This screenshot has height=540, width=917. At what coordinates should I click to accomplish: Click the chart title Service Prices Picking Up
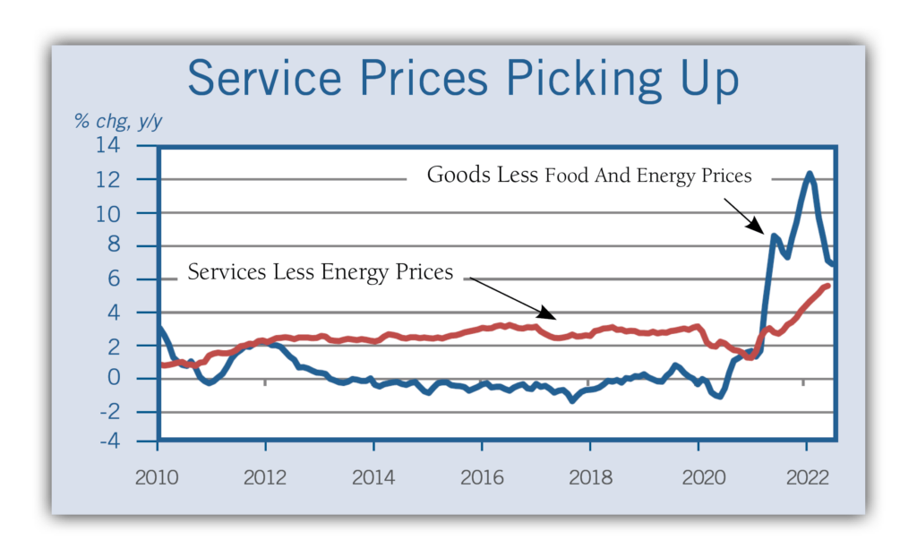click(463, 79)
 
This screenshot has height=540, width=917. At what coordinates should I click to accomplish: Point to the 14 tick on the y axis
click(133, 147)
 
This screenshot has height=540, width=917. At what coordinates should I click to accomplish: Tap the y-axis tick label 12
click(133, 180)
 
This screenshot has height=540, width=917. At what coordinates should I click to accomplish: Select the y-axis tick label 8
click(139, 246)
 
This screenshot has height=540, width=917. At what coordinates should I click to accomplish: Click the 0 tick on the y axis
click(139, 379)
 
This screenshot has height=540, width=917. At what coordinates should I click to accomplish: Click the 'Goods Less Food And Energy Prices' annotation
click(589, 175)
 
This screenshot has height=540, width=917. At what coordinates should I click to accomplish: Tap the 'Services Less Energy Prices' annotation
click(320, 271)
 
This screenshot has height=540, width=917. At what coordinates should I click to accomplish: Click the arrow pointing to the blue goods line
click(741, 215)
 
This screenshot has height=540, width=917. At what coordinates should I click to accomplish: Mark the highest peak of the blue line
click(810, 174)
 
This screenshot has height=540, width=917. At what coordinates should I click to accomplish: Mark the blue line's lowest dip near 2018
click(572, 400)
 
